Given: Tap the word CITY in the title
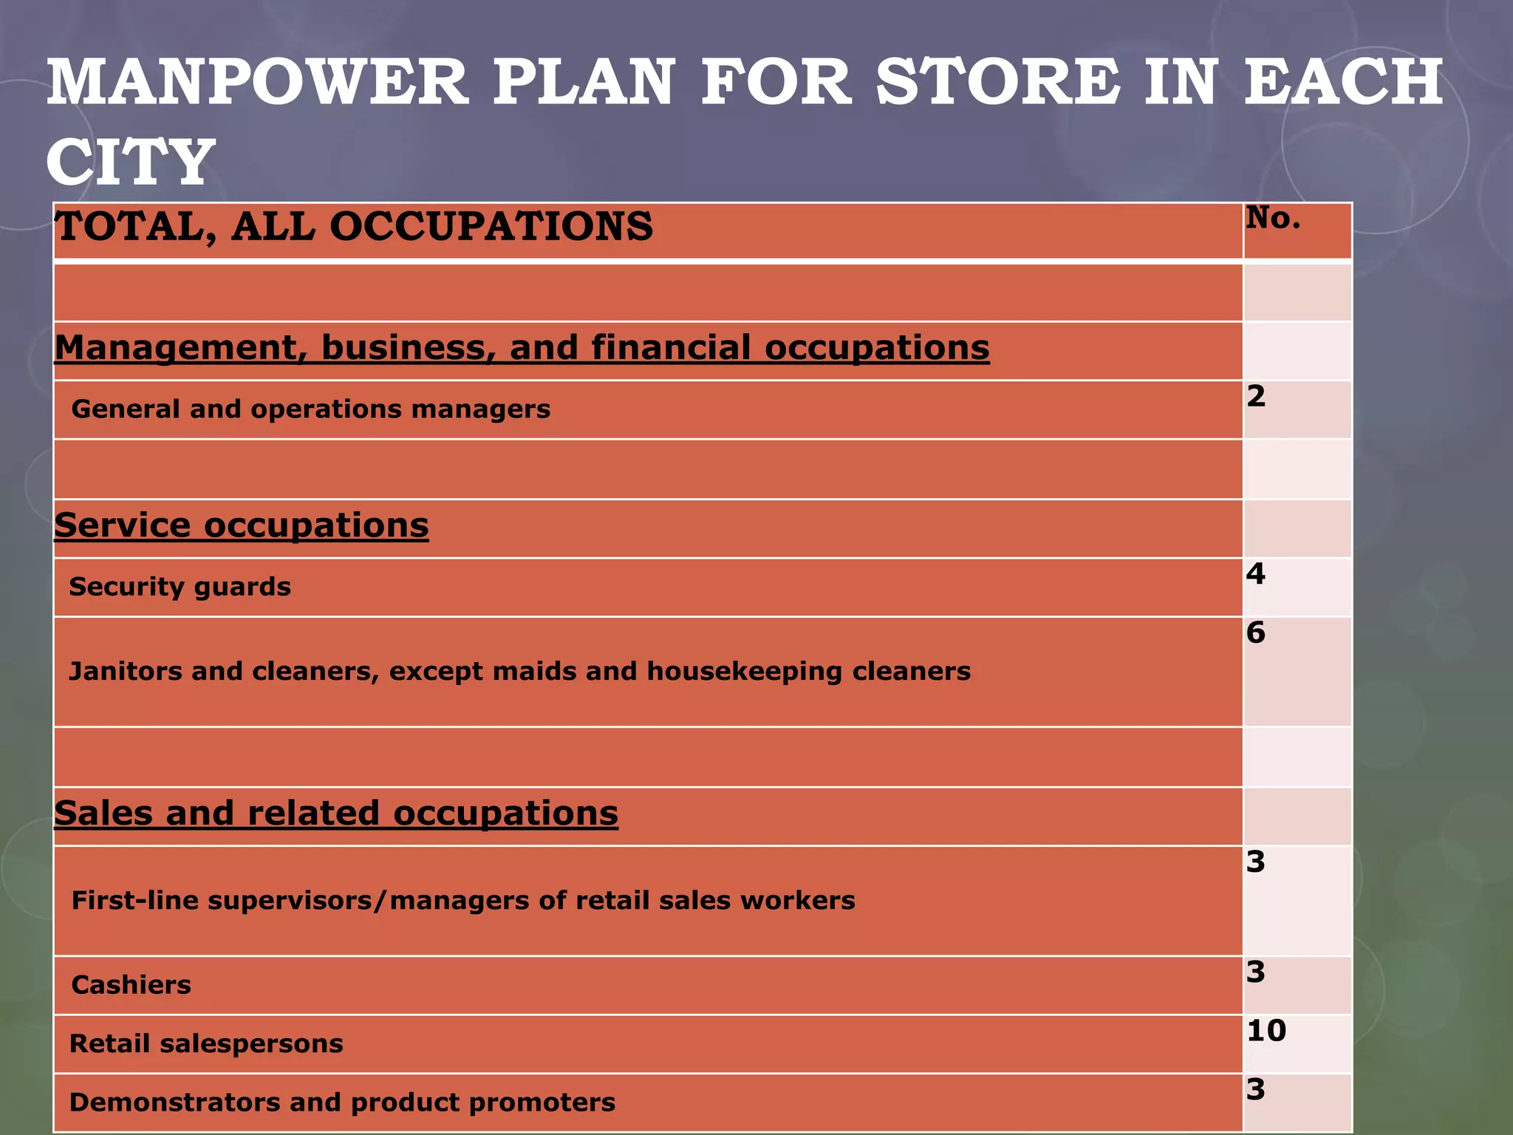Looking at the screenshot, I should pyautogui.click(x=130, y=162).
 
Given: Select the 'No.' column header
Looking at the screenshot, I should pyautogui.click(x=1273, y=217).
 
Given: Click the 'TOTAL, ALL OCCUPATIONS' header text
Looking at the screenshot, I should pyautogui.click(x=354, y=226).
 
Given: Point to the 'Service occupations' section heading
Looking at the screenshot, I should pyautogui.click(x=241, y=525).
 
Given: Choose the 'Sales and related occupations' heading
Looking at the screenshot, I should pyautogui.click(x=336, y=814).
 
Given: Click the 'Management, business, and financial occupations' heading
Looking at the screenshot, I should pyautogui.click(x=522, y=348).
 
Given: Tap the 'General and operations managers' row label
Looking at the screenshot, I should pyautogui.click(x=310, y=409).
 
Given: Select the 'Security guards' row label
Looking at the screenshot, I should pyautogui.click(x=180, y=587).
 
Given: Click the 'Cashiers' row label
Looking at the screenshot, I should pyautogui.click(x=131, y=985).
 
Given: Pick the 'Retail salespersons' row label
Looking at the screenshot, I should pyautogui.click(x=206, y=1043).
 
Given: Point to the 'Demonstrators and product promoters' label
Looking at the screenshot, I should pyautogui.click(x=342, y=1102).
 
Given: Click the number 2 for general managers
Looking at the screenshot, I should pyautogui.click(x=1256, y=397).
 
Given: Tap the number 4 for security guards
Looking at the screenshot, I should pyautogui.click(x=1256, y=574).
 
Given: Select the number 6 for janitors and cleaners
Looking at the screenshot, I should pyautogui.click(x=1256, y=633).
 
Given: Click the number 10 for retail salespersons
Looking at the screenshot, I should pyautogui.click(x=1266, y=1031).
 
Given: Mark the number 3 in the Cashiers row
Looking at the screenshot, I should pyautogui.click(x=1256, y=972).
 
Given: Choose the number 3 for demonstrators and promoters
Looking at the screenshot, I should pyautogui.click(x=1256, y=1090).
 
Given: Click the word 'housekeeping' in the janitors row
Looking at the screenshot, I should pyautogui.click(x=744, y=672).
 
